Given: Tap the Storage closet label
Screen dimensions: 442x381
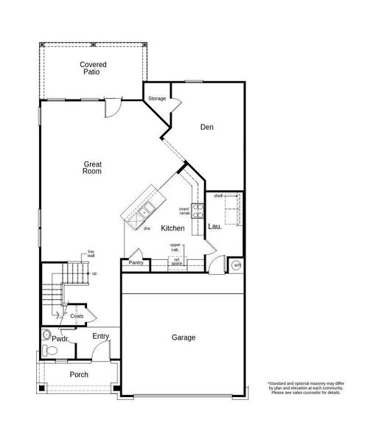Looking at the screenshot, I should tap(157, 98).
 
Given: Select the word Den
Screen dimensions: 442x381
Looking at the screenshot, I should tap(207, 127).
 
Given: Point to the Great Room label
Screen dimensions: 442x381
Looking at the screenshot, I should tap(92, 168).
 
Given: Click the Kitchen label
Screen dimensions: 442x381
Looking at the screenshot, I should tap(172, 229).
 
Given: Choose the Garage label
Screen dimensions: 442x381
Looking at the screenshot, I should tap(183, 337).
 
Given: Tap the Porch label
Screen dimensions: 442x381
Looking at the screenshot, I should tap(79, 375).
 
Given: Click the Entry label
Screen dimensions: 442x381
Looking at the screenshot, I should tap(101, 337).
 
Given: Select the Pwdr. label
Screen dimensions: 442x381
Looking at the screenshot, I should tap(60, 339).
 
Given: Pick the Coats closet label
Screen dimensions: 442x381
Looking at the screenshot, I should tap(77, 316).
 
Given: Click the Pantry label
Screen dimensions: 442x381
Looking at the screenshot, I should tap(136, 262).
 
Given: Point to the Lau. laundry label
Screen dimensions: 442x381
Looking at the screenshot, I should tap(214, 227).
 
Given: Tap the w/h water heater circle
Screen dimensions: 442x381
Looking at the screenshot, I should tap(237, 265).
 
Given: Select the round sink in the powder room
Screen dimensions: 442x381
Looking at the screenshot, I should tap(46, 334).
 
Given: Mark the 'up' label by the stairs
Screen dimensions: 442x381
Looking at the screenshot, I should tap(94, 273).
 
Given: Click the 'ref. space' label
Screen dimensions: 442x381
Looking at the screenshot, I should tap(177, 261).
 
